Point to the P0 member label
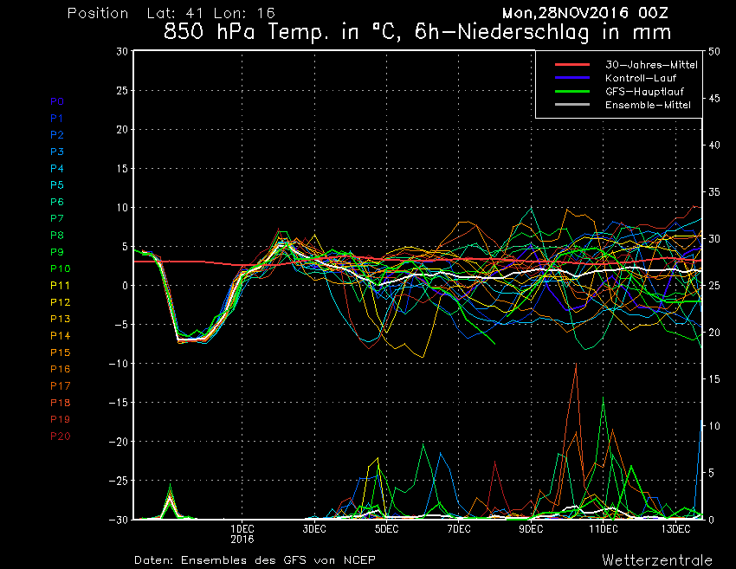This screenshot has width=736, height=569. pyautogui.click(x=57, y=101)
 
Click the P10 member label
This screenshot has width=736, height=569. pyautogui.click(x=60, y=268)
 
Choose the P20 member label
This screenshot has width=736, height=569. pyautogui.click(x=60, y=436)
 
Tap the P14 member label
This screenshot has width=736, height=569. pyautogui.click(x=60, y=335)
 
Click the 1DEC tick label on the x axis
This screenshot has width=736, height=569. pyautogui.click(x=242, y=528)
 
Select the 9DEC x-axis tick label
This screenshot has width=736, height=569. pyautogui.click(x=531, y=528)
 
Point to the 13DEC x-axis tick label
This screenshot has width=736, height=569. pyautogui.click(x=675, y=528)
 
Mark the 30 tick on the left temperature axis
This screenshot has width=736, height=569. pyautogui.click(x=122, y=51)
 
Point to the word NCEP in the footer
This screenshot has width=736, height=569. pyautogui.click(x=358, y=559)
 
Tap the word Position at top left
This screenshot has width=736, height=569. pyautogui.click(x=98, y=14)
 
